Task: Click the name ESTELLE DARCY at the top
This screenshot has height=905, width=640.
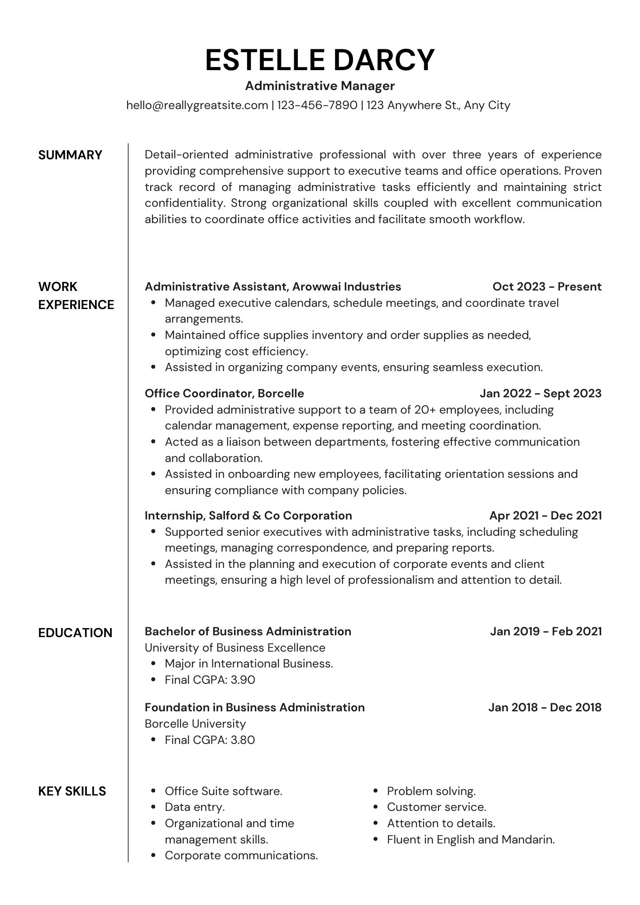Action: click(x=320, y=60)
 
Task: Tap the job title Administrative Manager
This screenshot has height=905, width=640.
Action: click(x=320, y=86)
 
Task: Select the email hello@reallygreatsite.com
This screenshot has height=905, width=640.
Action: click(x=197, y=105)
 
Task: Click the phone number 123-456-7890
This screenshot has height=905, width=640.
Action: click(x=317, y=105)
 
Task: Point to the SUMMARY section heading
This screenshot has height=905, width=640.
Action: click(x=70, y=155)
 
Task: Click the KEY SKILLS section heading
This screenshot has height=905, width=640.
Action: click(x=72, y=791)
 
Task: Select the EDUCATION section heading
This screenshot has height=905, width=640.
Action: click(x=75, y=633)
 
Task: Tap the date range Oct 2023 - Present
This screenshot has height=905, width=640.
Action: click(x=547, y=286)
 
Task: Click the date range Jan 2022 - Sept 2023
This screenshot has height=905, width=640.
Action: click(x=540, y=393)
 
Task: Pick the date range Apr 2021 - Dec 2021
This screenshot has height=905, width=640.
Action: click(x=545, y=515)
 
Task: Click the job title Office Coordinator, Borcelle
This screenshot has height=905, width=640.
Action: click(x=224, y=393)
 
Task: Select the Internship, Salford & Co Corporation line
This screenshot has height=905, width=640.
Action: click(x=248, y=515)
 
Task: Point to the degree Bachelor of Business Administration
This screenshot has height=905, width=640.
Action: click(x=248, y=631)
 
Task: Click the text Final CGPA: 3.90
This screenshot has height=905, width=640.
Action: click(x=210, y=680)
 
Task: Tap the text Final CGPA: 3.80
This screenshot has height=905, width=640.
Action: click(x=210, y=740)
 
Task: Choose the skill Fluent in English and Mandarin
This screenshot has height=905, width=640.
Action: click(x=470, y=839)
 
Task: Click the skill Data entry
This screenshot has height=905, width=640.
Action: click(x=195, y=807)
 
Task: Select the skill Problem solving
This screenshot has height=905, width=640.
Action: click(x=431, y=791)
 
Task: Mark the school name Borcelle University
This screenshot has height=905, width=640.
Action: click(x=195, y=724)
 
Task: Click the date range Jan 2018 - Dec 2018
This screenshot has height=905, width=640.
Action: click(x=544, y=707)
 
